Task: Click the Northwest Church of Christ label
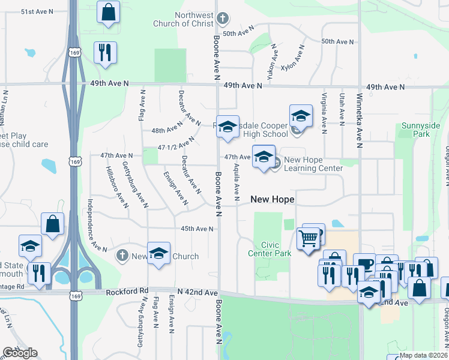click(194, 19)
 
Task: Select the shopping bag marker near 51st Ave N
click(108, 12)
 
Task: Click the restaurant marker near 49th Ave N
click(105, 52)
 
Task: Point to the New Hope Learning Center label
click(313, 164)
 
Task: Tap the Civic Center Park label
click(270, 249)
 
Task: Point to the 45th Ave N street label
click(197, 229)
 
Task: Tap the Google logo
click(20, 353)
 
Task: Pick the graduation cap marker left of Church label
click(158, 252)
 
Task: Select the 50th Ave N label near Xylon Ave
click(337, 41)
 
